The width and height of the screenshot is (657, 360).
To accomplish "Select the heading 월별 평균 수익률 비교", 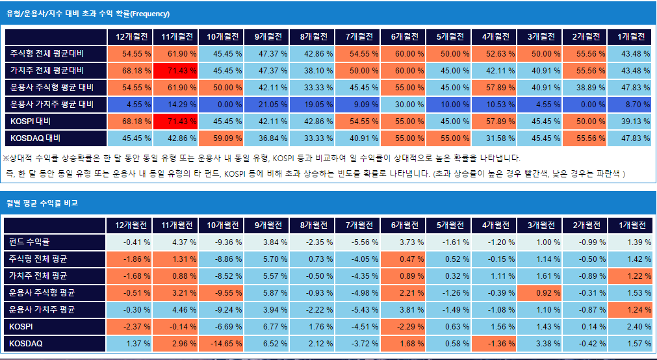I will pos(42,203).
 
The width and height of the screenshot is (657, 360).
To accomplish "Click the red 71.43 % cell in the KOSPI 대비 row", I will pos(175,121).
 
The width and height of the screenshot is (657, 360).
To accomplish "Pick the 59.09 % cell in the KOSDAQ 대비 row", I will pos(220,138).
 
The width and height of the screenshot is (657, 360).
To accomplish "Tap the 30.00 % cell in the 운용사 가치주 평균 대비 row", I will pos(403,104).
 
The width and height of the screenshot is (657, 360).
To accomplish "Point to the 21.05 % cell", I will pos(266,104).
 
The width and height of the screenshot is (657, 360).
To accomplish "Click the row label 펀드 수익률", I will pos(30,242).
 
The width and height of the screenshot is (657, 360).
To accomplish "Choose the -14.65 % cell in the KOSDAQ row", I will pos(220,343).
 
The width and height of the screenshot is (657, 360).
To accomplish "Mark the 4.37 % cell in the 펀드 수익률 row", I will pos(175,242).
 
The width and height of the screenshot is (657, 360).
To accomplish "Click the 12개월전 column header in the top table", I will pos(129,36).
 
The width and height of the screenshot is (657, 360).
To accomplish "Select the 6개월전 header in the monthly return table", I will pos(403,225).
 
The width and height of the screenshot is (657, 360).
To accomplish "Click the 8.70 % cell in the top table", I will pos(630,104).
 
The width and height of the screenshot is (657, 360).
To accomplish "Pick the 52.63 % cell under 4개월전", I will pos(493,53).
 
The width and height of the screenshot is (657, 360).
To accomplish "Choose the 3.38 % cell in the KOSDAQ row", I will pos(539,343).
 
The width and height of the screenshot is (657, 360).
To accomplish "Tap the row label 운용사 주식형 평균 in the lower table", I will pos(43,292).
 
